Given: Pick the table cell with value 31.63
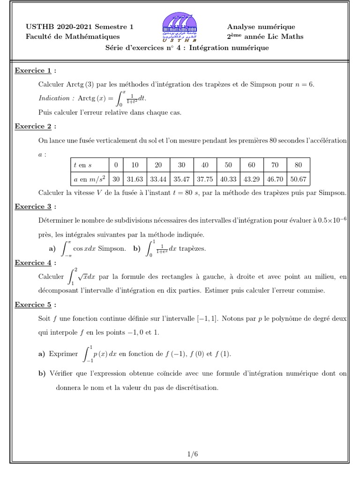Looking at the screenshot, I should coord(135,179).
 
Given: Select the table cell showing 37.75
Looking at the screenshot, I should coord(205,179).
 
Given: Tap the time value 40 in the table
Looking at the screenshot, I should coord(205,165).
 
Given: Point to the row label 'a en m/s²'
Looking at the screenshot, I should coord(89,179).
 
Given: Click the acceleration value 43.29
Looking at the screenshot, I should coord(251,179).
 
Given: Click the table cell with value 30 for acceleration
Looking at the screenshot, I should coord(115,179).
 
